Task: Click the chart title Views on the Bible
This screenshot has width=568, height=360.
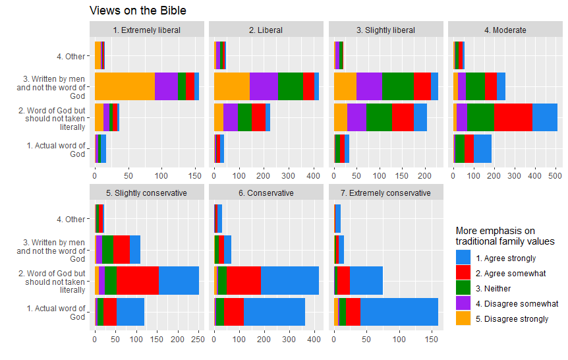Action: [138, 11]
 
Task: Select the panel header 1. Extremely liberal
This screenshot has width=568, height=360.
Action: [147, 30]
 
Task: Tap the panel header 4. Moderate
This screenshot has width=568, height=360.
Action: [505, 30]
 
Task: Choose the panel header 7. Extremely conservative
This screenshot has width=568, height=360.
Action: [385, 193]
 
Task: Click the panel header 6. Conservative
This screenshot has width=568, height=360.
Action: [266, 193]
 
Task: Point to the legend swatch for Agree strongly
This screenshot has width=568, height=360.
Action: [463, 258]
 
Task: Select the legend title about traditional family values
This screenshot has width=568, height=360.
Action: [505, 236]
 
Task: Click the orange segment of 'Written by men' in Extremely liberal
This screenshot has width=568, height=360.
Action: [125, 86]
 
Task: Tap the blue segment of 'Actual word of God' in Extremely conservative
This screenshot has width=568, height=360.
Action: [399, 311]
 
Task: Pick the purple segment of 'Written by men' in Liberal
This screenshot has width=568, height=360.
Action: [264, 86]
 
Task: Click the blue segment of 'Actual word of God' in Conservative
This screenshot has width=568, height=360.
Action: [274, 311]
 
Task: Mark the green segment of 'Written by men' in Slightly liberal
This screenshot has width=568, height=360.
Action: [397, 86]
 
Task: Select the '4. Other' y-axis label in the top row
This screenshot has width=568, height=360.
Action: [71, 56]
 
